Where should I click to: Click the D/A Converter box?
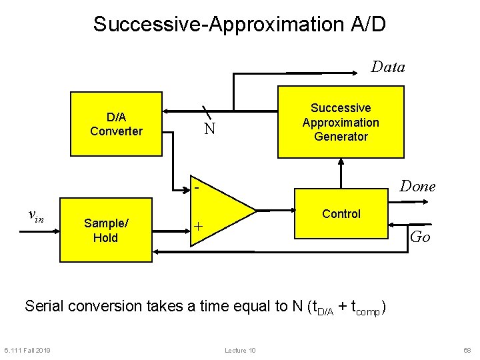click(117, 124)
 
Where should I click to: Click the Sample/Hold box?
click(105, 231)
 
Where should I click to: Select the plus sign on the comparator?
click(198, 227)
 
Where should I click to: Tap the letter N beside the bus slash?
click(209, 129)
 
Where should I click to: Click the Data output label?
click(387, 67)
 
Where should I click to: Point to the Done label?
click(417, 187)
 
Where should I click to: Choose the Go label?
click(420, 236)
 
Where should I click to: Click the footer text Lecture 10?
click(240, 351)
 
